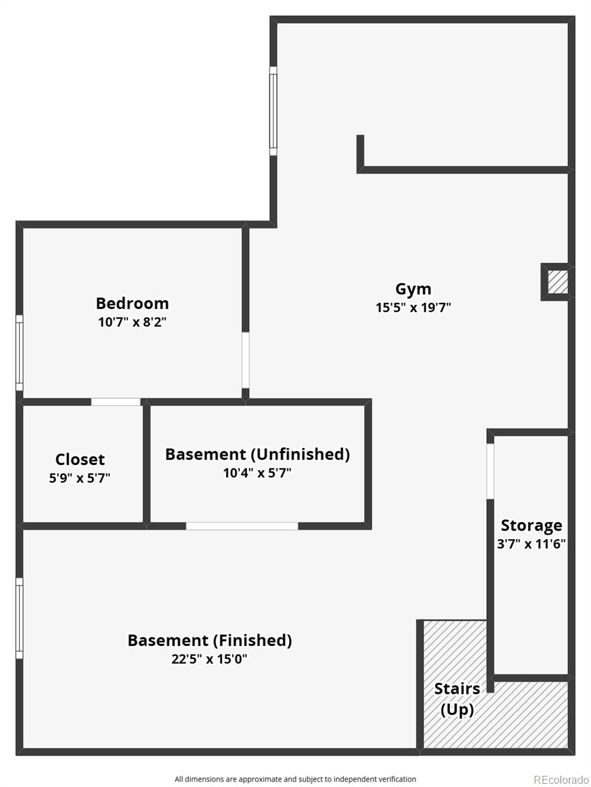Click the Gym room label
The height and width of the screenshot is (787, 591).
pyautogui.click(x=413, y=289)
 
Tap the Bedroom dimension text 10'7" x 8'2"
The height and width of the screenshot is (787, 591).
pyautogui.click(x=132, y=322)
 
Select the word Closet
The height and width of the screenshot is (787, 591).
pyautogui.click(x=80, y=459)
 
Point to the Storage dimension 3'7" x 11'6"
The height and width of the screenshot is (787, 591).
pyautogui.click(x=531, y=544)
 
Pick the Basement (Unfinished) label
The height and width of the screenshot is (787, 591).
pyautogui.click(x=257, y=454)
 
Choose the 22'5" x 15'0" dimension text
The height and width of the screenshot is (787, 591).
pyautogui.click(x=209, y=659)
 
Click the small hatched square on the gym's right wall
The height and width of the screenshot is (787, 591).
pyautogui.click(x=558, y=282)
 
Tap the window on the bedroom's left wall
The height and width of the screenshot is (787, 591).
pyautogui.click(x=20, y=353)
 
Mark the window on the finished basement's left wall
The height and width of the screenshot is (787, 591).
pyautogui.click(x=20, y=618)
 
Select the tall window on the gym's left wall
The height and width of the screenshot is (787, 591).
pyautogui.click(x=273, y=111)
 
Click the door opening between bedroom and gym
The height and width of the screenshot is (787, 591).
pyautogui.click(x=245, y=360)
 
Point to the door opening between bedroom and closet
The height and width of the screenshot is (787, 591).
pyautogui.click(x=115, y=402)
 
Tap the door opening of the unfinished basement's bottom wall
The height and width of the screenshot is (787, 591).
pyautogui.click(x=242, y=526)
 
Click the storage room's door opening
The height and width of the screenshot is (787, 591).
pyautogui.click(x=490, y=471)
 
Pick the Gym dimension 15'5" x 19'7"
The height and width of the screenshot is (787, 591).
pyautogui.click(x=413, y=308)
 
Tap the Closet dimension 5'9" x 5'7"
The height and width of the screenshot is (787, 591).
pyautogui.click(x=79, y=477)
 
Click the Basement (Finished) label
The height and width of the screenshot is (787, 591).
pyautogui.click(x=210, y=640)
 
